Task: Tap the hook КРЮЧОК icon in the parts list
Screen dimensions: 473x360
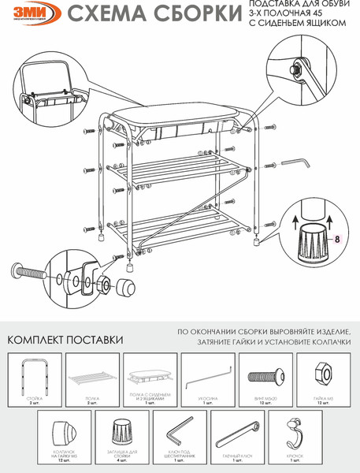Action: pyautogui.click(x=292, y=434)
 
